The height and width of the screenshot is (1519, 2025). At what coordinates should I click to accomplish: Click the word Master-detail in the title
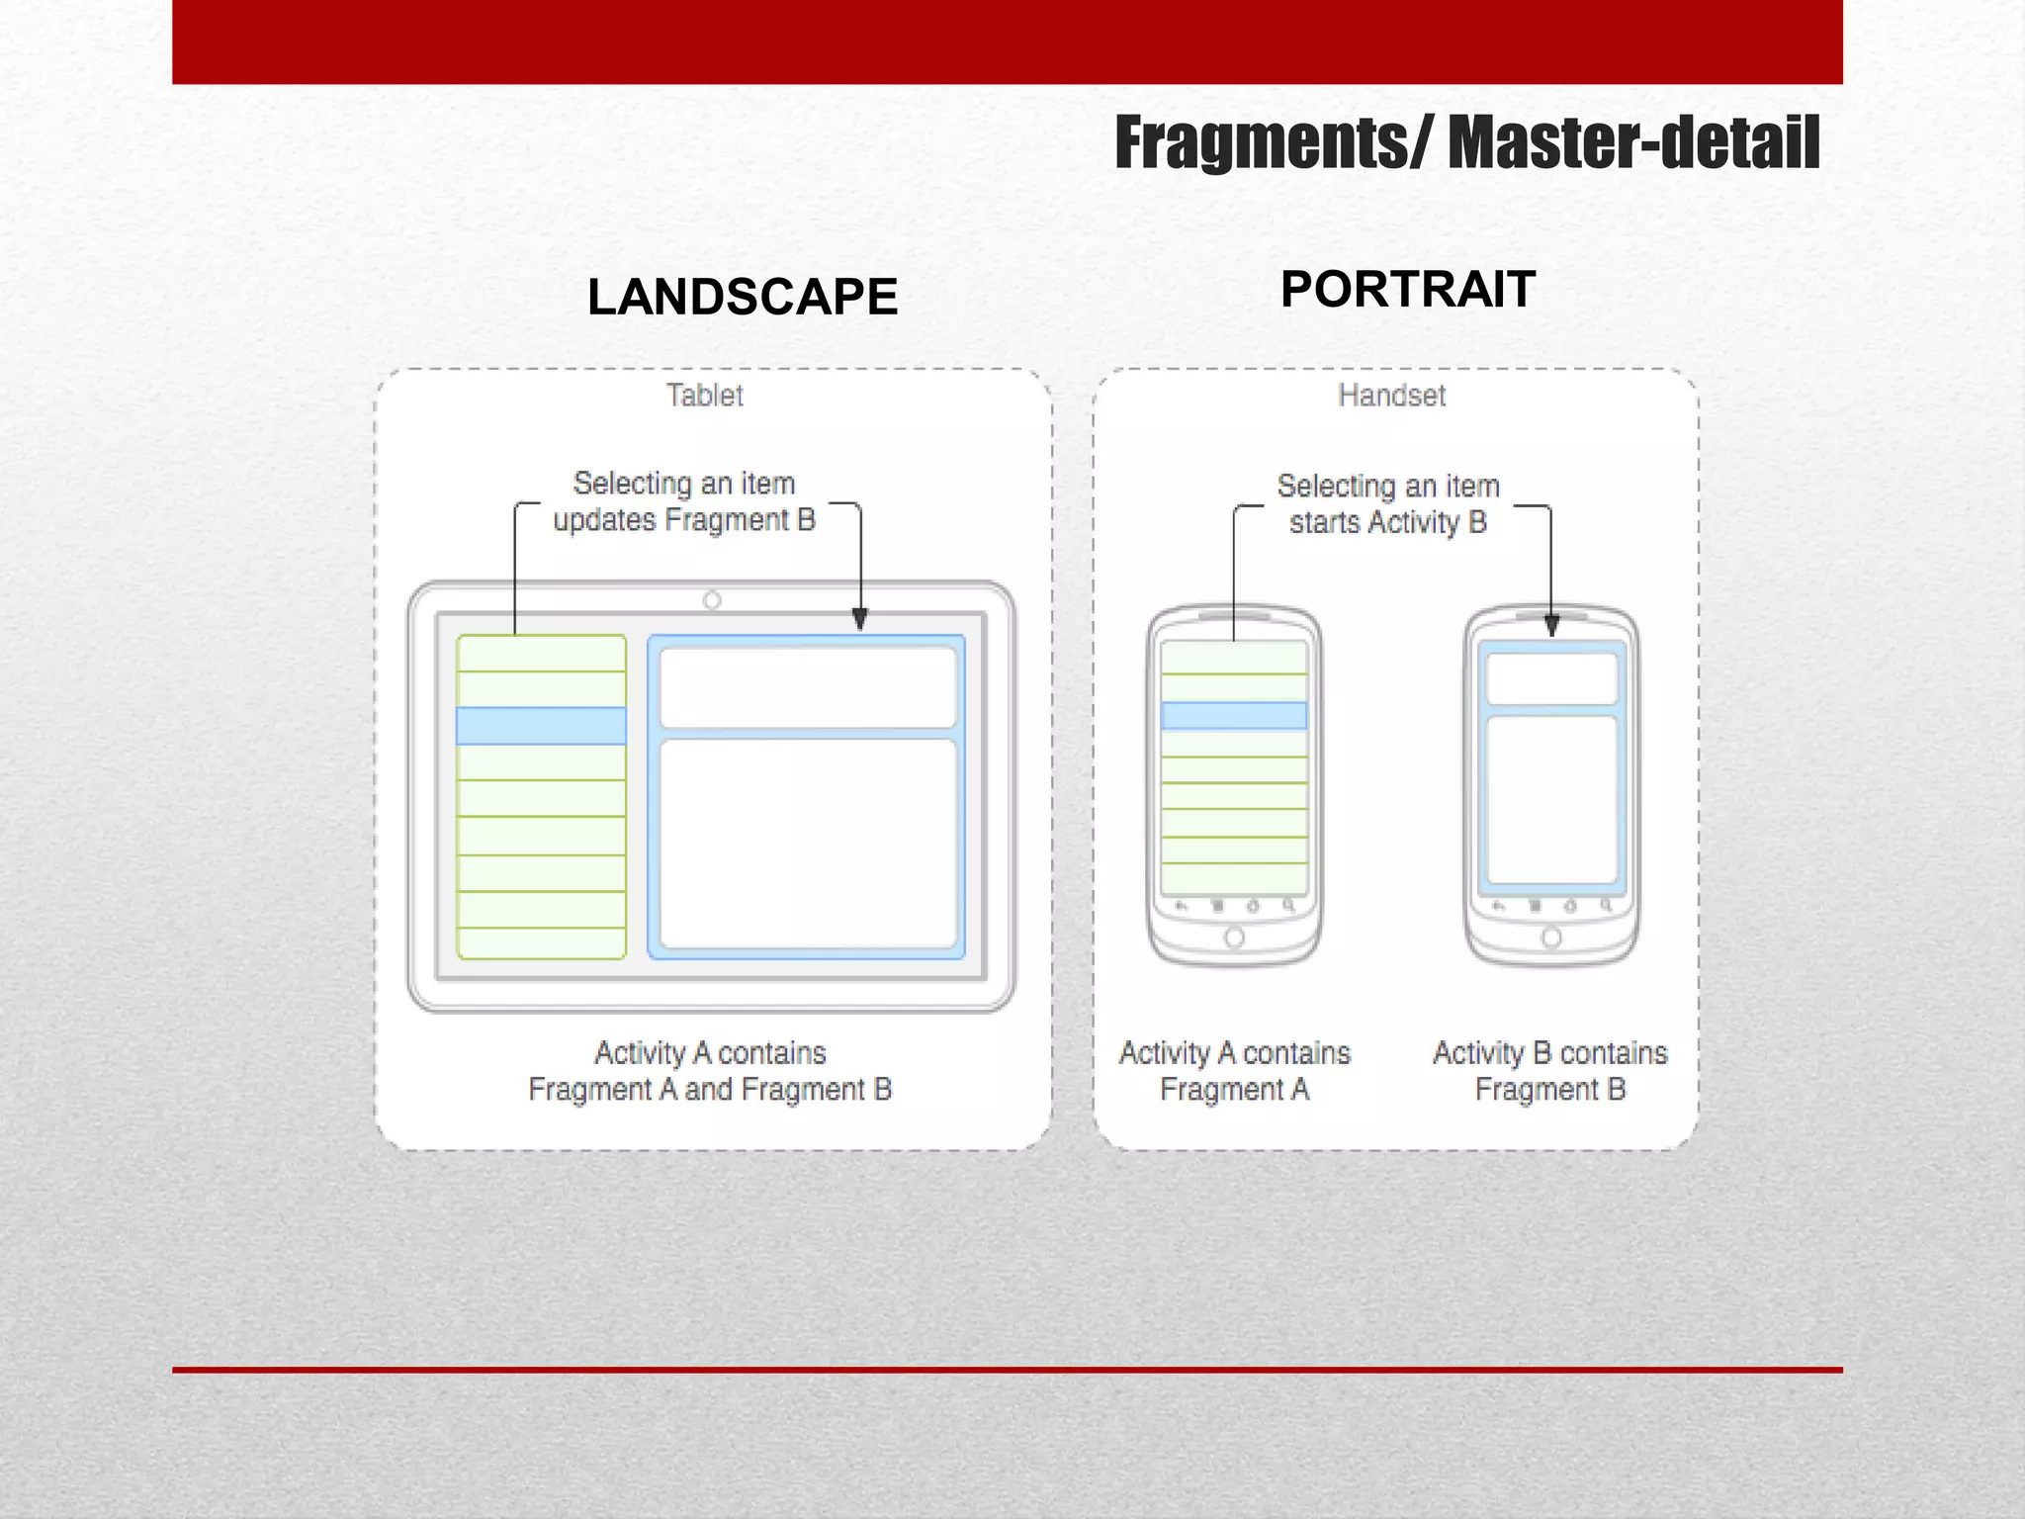(x=1633, y=143)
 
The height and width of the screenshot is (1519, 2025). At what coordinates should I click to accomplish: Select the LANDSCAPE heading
(x=742, y=297)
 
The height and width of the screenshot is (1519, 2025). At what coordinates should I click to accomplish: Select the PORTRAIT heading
(x=1407, y=290)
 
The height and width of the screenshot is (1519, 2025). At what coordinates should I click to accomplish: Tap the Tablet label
(x=704, y=396)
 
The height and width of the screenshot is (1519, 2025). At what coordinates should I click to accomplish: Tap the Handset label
(x=1391, y=396)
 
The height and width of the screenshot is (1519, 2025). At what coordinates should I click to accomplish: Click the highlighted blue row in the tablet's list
(x=541, y=726)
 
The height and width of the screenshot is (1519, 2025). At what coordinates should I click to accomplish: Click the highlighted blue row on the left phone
(x=1234, y=715)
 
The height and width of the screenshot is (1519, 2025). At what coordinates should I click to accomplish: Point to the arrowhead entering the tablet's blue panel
(x=859, y=619)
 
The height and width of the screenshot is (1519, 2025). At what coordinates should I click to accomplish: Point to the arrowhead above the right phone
(x=1551, y=625)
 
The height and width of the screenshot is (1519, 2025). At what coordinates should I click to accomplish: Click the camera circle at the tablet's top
(x=712, y=600)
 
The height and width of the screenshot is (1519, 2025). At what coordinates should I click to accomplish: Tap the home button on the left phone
(x=1234, y=938)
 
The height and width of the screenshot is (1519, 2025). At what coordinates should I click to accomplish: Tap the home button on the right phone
(x=1551, y=938)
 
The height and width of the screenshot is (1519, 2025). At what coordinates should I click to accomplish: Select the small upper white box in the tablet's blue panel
(x=808, y=687)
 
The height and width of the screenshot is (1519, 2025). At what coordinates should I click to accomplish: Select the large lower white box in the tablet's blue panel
(x=808, y=844)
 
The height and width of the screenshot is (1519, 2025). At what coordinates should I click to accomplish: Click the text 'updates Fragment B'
(x=684, y=520)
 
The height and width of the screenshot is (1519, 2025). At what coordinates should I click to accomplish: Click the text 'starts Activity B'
(x=1387, y=522)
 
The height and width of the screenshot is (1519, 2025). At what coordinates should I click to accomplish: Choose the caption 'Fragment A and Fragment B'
(x=710, y=1090)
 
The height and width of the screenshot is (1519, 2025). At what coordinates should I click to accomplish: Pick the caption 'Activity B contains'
(x=1549, y=1053)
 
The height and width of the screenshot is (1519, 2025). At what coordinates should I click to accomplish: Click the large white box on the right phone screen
(x=1551, y=800)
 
